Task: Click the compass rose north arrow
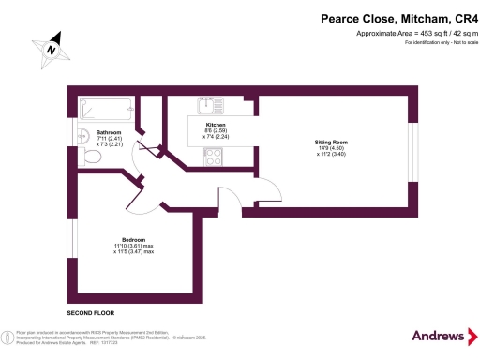(51, 48)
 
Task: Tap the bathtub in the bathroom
(105, 107)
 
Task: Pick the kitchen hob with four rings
(213, 156)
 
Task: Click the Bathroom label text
(110, 132)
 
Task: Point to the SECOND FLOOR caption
(90, 310)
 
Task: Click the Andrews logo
(439, 335)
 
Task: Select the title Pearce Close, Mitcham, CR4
(398, 17)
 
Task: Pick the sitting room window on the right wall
(412, 148)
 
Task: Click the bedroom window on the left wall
(71, 239)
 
